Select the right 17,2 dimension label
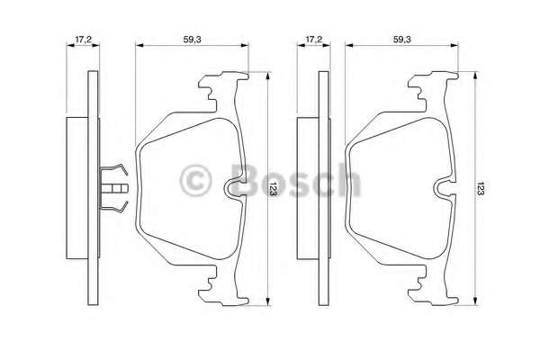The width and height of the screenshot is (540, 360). click(313, 40)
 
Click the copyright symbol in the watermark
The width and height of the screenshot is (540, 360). click(196, 180)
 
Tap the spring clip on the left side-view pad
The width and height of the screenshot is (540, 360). click(114, 188)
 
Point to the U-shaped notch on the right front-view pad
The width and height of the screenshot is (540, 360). click(445, 187)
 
